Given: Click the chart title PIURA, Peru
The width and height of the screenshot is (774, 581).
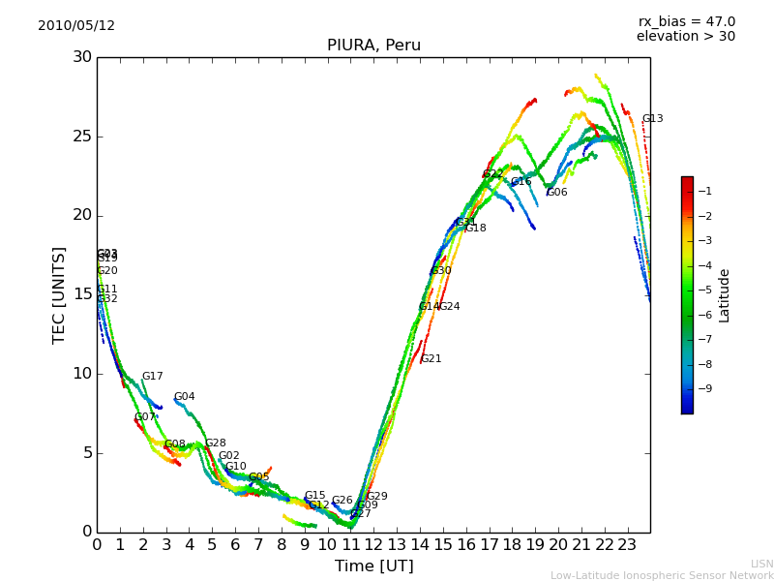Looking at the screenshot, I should (373, 46).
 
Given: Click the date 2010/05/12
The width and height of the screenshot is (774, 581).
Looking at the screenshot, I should (76, 26).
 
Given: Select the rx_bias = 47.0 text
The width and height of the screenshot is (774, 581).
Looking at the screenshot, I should (686, 22).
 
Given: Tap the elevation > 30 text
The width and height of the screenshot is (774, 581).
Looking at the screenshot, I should (686, 37).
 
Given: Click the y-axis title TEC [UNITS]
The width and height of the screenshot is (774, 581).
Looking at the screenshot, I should (59, 294).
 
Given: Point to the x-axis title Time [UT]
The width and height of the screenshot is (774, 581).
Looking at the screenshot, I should (373, 566).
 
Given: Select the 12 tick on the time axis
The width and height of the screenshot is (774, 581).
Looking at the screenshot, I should (373, 545).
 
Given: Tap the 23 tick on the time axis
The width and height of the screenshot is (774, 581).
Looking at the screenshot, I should (627, 545).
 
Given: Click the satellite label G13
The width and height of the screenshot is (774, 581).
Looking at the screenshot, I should (652, 119).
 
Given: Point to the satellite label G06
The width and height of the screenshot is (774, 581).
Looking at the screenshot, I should (556, 193).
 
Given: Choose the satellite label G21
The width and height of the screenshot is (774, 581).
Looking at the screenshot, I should (431, 359).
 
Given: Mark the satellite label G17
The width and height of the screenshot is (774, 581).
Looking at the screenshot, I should (152, 377).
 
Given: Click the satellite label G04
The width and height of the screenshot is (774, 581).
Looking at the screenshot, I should (184, 397).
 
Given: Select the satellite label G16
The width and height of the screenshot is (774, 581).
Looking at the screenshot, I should (521, 182).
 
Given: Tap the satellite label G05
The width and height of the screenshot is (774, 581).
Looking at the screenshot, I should (258, 477).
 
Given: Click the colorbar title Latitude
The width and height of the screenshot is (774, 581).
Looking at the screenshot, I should (724, 294).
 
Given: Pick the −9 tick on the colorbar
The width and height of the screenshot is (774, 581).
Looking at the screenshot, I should (706, 389).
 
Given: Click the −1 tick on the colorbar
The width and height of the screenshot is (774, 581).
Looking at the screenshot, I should (706, 192).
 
